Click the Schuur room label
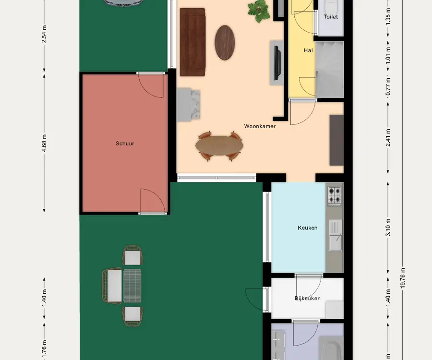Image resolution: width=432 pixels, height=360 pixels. pyautogui.click(x=125, y=144)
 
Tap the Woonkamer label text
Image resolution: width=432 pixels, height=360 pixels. pyautogui.click(x=260, y=126)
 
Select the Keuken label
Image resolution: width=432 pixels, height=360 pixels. pyautogui.click(x=308, y=228)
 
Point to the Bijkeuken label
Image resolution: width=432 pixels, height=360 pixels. pyautogui.click(x=308, y=298)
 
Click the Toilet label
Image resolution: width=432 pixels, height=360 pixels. pyautogui.click(x=331, y=17)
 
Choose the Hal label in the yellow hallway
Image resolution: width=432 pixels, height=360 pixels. pyautogui.click(x=308, y=50)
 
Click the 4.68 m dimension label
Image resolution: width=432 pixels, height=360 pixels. pyautogui.click(x=44, y=143)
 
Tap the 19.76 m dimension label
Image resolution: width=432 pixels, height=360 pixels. pyautogui.click(x=403, y=278)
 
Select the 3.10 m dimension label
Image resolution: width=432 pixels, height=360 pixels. pyautogui.click(x=388, y=228)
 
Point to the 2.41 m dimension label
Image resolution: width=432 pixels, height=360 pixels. pyautogui.click(x=388, y=138)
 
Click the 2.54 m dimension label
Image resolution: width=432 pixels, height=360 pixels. pyautogui.click(x=44, y=34)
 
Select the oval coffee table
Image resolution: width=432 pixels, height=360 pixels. pyautogui.click(x=225, y=43)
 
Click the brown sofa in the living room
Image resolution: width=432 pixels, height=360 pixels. pyautogui.click(x=192, y=42)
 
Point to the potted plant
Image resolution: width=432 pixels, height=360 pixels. pyautogui.click(x=259, y=11)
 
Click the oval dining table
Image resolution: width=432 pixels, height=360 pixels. pyautogui.click(x=219, y=146)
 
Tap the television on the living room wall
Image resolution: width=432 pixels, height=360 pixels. pyautogui.click(x=277, y=63)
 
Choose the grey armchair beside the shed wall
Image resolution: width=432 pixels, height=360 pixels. pyautogui.click(x=188, y=105)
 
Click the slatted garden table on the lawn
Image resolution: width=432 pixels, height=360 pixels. pyautogui.click(x=132, y=286)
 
